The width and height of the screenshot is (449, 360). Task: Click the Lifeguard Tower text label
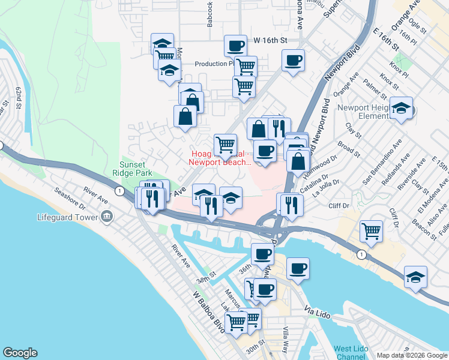click(67, 217)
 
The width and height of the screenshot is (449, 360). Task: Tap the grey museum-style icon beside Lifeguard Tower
click(107, 217)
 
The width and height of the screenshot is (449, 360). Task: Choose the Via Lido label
click(318, 313)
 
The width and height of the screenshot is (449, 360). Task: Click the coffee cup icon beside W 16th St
click(235, 46)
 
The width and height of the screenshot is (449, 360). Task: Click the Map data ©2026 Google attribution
click(411, 355)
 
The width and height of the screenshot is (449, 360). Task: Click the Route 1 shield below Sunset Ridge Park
click(121, 191)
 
